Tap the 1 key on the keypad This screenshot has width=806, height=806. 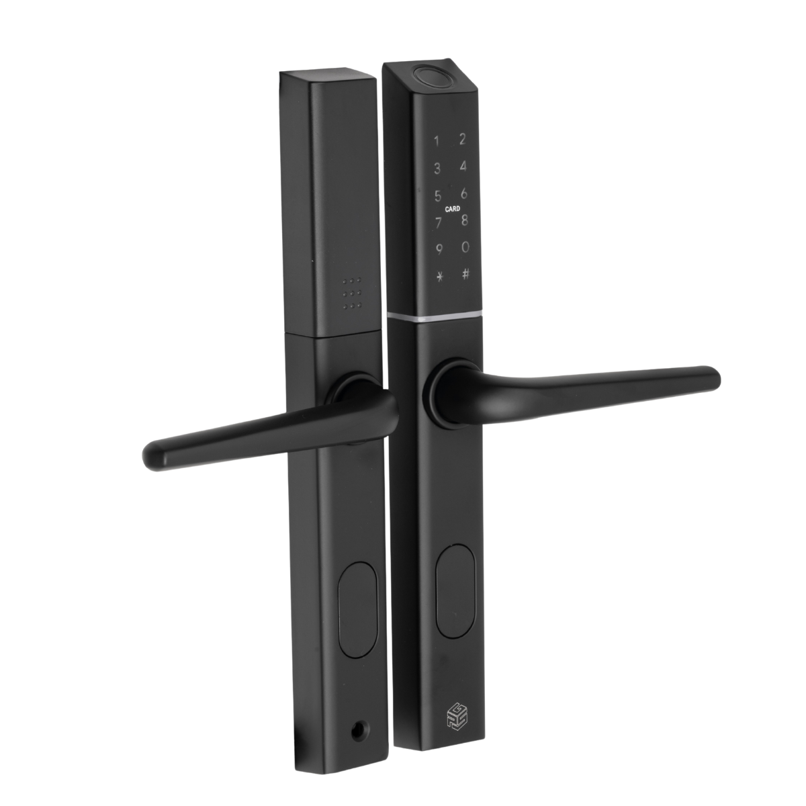437,141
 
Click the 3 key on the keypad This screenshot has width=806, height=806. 437,169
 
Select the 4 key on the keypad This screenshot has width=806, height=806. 463,166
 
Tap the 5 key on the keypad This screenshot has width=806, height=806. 438,195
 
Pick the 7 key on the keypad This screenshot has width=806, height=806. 439,222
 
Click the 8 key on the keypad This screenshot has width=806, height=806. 464,220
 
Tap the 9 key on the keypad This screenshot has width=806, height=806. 439,250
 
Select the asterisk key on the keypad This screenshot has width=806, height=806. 439,277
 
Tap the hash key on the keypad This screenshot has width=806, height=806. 465,274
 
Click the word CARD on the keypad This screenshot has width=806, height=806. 453,209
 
